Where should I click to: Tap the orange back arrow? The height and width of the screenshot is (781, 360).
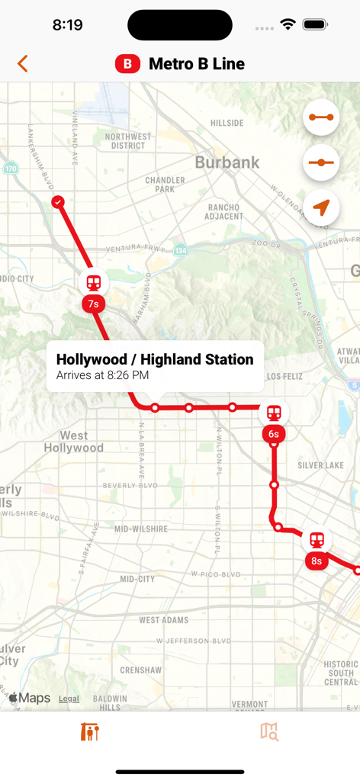(23, 64)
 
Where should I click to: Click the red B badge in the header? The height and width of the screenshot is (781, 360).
(127, 64)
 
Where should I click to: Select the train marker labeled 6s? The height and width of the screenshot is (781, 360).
(274, 413)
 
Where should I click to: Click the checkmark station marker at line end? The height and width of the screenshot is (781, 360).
(58, 202)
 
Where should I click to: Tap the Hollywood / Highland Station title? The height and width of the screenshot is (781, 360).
(155, 359)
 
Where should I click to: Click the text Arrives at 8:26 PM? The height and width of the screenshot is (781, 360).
(102, 375)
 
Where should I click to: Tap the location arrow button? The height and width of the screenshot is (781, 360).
(321, 207)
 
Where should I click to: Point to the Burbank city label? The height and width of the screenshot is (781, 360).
(227, 162)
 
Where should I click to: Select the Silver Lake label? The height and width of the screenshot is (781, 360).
(320, 465)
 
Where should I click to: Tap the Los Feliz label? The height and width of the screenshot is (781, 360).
(284, 377)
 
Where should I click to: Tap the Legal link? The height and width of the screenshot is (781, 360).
(69, 699)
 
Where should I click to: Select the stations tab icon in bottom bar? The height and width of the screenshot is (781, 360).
(90, 732)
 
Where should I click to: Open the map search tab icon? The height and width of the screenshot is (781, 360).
(269, 732)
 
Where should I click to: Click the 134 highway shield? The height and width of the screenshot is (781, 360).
(180, 250)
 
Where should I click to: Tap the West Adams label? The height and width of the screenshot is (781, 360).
(164, 620)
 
